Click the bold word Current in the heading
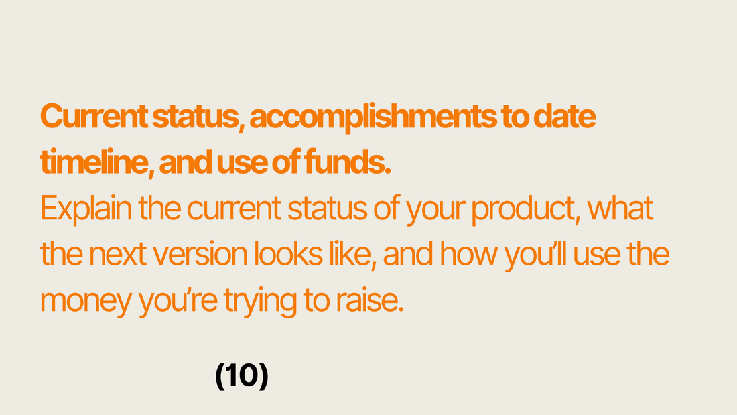[x=94, y=116]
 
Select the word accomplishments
[x=373, y=118]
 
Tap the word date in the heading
[x=565, y=116]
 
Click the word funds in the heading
[x=347, y=162]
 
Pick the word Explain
[x=86, y=209]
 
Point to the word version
[x=200, y=255]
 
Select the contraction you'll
[x=535, y=256]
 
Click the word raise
[x=369, y=300]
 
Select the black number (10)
[x=242, y=375]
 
